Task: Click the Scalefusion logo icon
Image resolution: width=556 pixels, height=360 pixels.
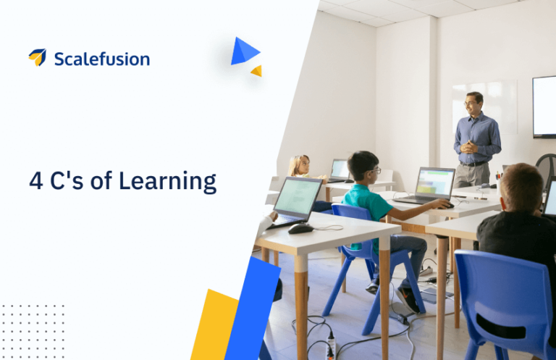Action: point(37,57)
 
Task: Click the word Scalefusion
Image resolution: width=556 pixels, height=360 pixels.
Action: point(101,59)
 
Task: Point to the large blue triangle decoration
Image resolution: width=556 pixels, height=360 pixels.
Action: point(243,52)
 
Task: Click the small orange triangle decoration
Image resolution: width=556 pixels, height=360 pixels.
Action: point(256,70)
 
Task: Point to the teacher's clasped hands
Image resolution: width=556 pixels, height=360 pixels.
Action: point(470,147)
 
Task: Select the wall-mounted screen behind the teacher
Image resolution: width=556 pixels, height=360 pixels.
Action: point(544,106)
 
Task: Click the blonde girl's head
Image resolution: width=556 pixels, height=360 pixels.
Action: point(298,165)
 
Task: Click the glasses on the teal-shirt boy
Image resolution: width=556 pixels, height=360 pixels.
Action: point(374,171)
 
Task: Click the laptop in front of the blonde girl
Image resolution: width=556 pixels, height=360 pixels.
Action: point(339,170)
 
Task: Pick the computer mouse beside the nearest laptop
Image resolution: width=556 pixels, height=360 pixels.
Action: point(300,228)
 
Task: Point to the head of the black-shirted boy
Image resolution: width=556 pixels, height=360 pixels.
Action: point(522,188)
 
